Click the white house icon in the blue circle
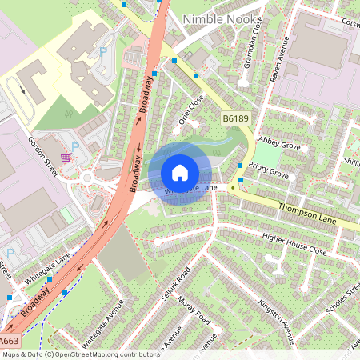(180, 173)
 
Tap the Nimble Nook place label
(220, 19)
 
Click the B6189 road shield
(234, 118)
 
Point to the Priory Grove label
(268, 172)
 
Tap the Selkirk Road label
(174, 286)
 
